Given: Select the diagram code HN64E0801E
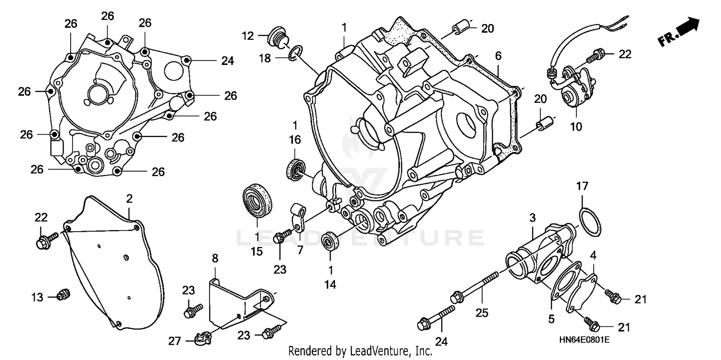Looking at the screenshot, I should [584, 340].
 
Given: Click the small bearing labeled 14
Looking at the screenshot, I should [330, 240].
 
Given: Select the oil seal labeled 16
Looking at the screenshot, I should [295, 168].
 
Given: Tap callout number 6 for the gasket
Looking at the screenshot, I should [498, 56].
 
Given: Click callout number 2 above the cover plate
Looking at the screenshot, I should [129, 198].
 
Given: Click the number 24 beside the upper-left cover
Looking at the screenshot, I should [227, 61].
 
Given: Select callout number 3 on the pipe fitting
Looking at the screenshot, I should [532, 218].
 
